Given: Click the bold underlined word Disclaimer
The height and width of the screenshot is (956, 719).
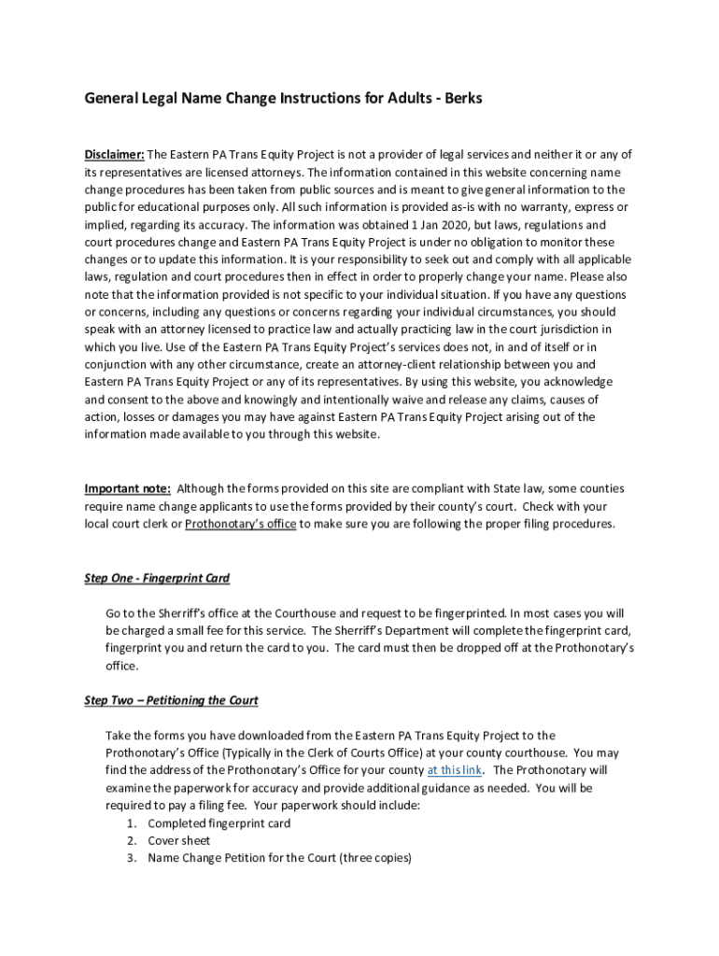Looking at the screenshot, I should point(114,155).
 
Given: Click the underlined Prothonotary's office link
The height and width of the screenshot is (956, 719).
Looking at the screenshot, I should point(241,524).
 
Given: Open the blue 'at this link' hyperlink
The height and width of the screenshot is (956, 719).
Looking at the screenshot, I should point(455,770).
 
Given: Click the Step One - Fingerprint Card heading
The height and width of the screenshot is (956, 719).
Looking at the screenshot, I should point(157,578).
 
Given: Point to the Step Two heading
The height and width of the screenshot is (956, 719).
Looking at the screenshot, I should point(171,700).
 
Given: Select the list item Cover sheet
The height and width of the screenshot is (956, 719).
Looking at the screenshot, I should point(179,840).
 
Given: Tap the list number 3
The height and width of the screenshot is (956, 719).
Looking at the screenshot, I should point(132,858).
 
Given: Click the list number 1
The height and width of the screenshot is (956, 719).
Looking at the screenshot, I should point(132,823).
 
